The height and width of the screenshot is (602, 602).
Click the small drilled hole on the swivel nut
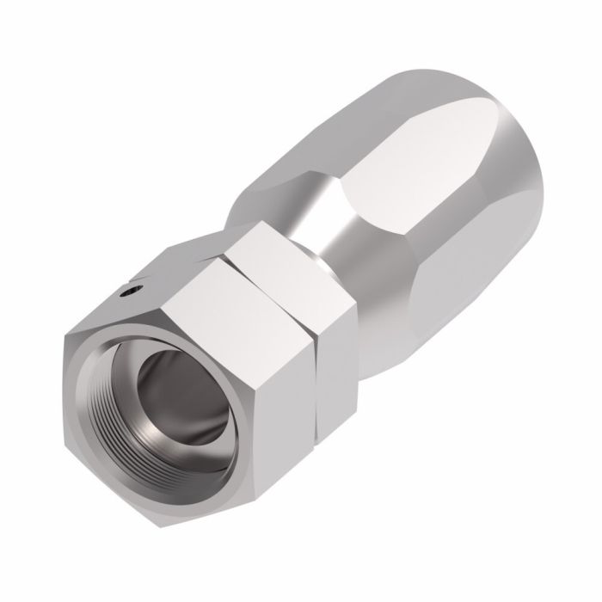[x=128, y=292]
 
